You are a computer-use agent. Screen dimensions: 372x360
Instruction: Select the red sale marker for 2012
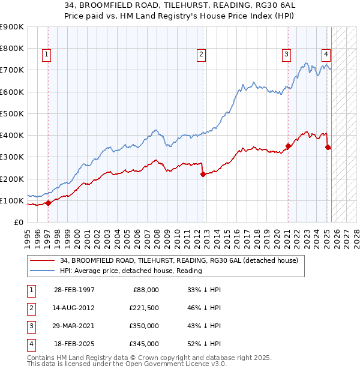click(203, 175)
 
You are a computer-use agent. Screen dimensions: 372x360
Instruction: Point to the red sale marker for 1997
click(48, 203)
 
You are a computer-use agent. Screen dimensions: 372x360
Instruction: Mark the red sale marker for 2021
click(289, 146)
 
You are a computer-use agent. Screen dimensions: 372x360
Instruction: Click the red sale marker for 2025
click(328, 147)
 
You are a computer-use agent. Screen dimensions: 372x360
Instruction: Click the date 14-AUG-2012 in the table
click(74, 308)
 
